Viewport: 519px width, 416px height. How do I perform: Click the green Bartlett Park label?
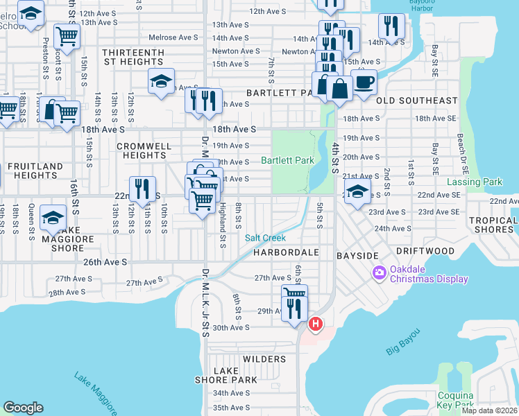tap(287, 160)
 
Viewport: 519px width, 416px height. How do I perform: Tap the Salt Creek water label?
tap(265, 238)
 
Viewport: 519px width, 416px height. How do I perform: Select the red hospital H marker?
tap(316, 324)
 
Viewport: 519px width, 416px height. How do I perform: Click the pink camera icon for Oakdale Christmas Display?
tap(380, 273)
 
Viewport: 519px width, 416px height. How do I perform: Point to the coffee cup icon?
tap(364, 82)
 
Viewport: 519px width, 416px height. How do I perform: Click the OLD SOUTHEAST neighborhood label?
tap(416, 101)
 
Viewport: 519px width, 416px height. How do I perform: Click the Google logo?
tap(24, 408)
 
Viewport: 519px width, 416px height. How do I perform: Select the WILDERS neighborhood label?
tap(264, 359)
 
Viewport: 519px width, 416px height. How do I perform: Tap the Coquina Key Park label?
tap(455, 400)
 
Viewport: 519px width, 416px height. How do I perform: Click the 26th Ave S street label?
tap(105, 262)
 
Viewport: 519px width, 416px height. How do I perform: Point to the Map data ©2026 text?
tap(489, 410)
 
